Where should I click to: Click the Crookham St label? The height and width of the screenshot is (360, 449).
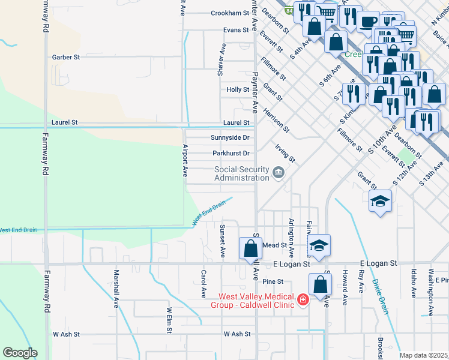pyautogui.click(x=229, y=13)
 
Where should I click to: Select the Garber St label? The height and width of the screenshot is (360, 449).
pyautogui.click(x=66, y=57)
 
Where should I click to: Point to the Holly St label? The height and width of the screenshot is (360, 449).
pyautogui.click(x=238, y=89)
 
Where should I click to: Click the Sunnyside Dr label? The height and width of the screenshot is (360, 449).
pyautogui.click(x=230, y=137)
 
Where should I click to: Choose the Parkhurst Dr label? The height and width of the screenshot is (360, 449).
pyautogui.click(x=231, y=153)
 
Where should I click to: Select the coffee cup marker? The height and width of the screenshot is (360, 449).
pyautogui.click(x=367, y=23)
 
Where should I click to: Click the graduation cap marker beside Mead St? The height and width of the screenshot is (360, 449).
pyautogui.click(x=319, y=244)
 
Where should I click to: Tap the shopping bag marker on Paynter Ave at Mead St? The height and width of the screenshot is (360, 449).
pyautogui.click(x=250, y=248)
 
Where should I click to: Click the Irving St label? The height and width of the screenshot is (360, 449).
pyautogui.click(x=285, y=152)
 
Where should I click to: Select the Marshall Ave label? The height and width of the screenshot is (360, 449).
pyautogui.click(x=116, y=295)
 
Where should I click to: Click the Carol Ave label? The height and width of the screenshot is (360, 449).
pyautogui.click(x=204, y=283)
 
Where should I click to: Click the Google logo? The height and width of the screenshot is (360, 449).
pyautogui.click(x=20, y=353)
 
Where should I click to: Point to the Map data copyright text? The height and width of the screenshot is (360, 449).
pyautogui.click(x=424, y=355)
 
